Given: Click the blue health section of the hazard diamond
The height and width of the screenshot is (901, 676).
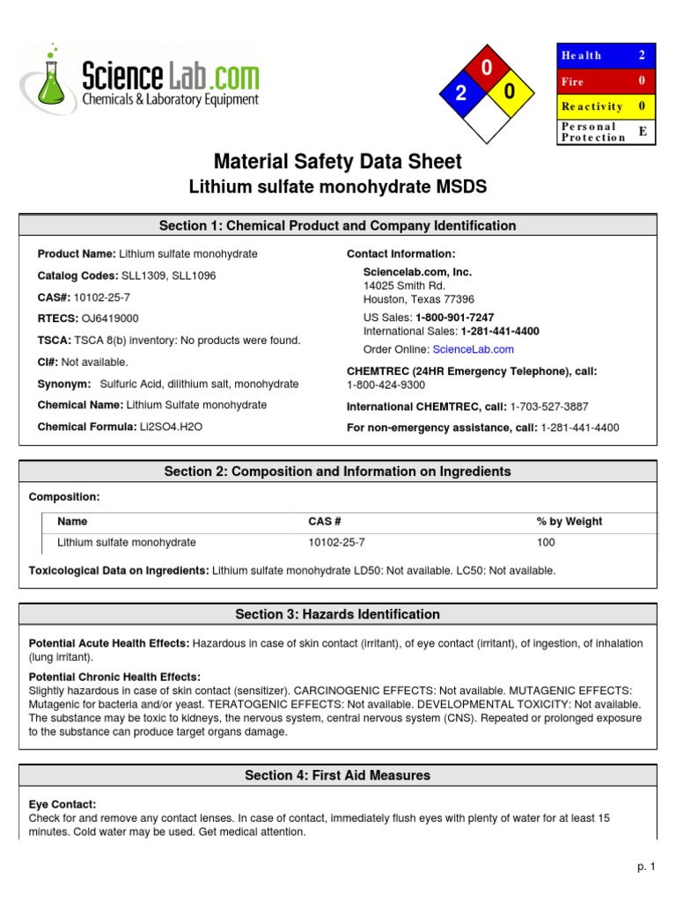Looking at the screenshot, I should tap(460, 95).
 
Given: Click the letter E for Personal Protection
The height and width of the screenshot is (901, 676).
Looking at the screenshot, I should tap(642, 131).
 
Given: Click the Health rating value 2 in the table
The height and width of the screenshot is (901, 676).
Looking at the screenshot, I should tap(642, 55).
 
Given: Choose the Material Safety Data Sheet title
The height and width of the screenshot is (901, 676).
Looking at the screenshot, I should tap(338, 162).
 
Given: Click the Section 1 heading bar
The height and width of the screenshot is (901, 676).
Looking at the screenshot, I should tap(338, 226).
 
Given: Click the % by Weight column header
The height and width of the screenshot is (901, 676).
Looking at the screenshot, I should tap(569, 522).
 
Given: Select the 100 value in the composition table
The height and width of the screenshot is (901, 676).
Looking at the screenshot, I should tap(546, 542).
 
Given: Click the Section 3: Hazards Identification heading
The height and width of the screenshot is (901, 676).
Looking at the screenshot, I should tap(338, 614).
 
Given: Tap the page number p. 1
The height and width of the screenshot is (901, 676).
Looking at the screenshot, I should tap(647, 867).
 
